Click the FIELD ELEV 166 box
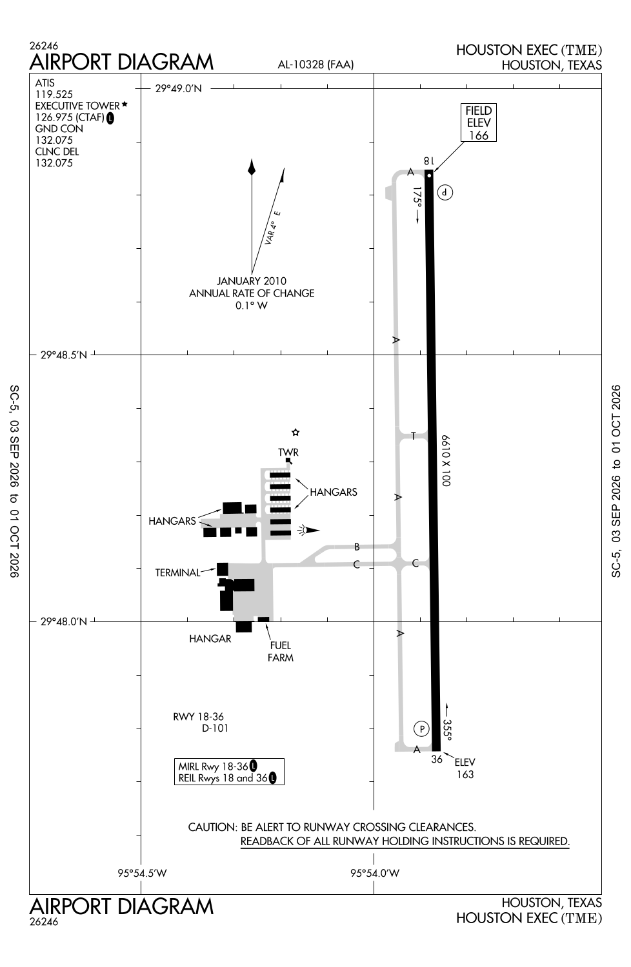[479, 122]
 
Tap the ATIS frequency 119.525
[54, 94]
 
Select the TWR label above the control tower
[288, 452]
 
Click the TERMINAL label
[177, 572]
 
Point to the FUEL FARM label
[281, 651]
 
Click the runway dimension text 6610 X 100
[446, 461]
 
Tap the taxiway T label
[413, 436]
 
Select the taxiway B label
[357, 547]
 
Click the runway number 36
[437, 759]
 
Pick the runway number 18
[428, 161]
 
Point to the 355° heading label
[447, 730]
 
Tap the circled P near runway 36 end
[421, 729]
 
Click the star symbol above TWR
[295, 432]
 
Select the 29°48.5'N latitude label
[63, 355]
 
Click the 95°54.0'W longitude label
[375, 873]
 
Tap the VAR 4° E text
[273, 228]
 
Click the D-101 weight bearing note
[215, 728]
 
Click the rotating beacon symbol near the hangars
[308, 530]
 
